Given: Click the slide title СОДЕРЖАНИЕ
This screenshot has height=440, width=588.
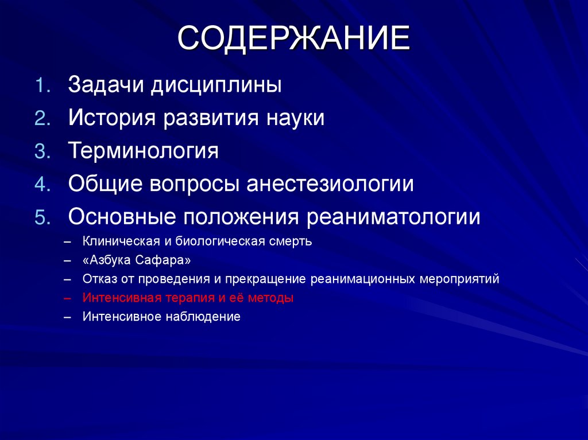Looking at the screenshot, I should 293,38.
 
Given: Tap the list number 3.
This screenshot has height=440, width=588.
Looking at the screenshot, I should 44,151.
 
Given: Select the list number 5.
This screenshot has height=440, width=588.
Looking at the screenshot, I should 44,217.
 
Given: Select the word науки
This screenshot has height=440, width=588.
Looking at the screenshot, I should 296,118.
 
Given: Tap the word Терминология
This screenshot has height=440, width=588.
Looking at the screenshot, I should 144,151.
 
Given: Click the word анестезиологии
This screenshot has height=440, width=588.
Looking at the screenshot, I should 331,184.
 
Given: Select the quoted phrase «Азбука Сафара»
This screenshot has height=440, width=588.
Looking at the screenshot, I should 137,260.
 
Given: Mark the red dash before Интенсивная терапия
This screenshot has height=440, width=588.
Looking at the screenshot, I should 68,298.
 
